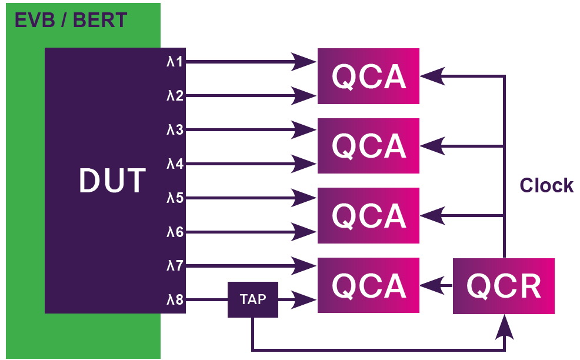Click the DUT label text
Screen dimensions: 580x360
coord(112,181)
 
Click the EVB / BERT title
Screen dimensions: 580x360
coord(71,20)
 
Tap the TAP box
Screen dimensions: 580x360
coord(252,299)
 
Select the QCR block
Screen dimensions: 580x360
coord(504,286)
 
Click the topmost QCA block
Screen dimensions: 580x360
coord(368,76)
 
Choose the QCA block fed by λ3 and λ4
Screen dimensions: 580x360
coord(368,146)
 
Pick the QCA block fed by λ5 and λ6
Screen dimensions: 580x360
coord(368,215)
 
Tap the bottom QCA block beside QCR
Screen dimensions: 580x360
coord(368,285)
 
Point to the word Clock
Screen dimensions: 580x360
coord(546,185)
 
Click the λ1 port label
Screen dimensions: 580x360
coord(175,62)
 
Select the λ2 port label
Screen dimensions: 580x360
coord(175,96)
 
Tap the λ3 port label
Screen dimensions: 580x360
coord(175,130)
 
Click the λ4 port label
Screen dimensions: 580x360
coord(175,164)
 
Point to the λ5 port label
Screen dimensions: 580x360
coord(175,198)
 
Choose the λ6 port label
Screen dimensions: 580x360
coord(175,232)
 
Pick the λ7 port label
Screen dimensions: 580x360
coord(175,266)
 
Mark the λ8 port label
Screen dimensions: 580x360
coord(175,299)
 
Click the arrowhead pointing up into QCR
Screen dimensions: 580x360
coord(505,327)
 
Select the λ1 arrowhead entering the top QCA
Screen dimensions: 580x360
coord(304,62)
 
